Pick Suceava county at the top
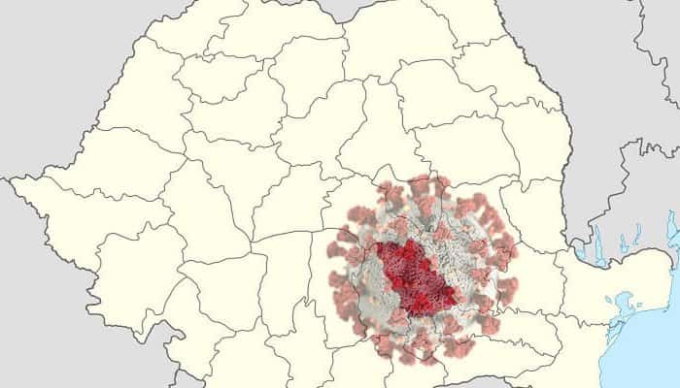pyautogui.click(x=389, y=39)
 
